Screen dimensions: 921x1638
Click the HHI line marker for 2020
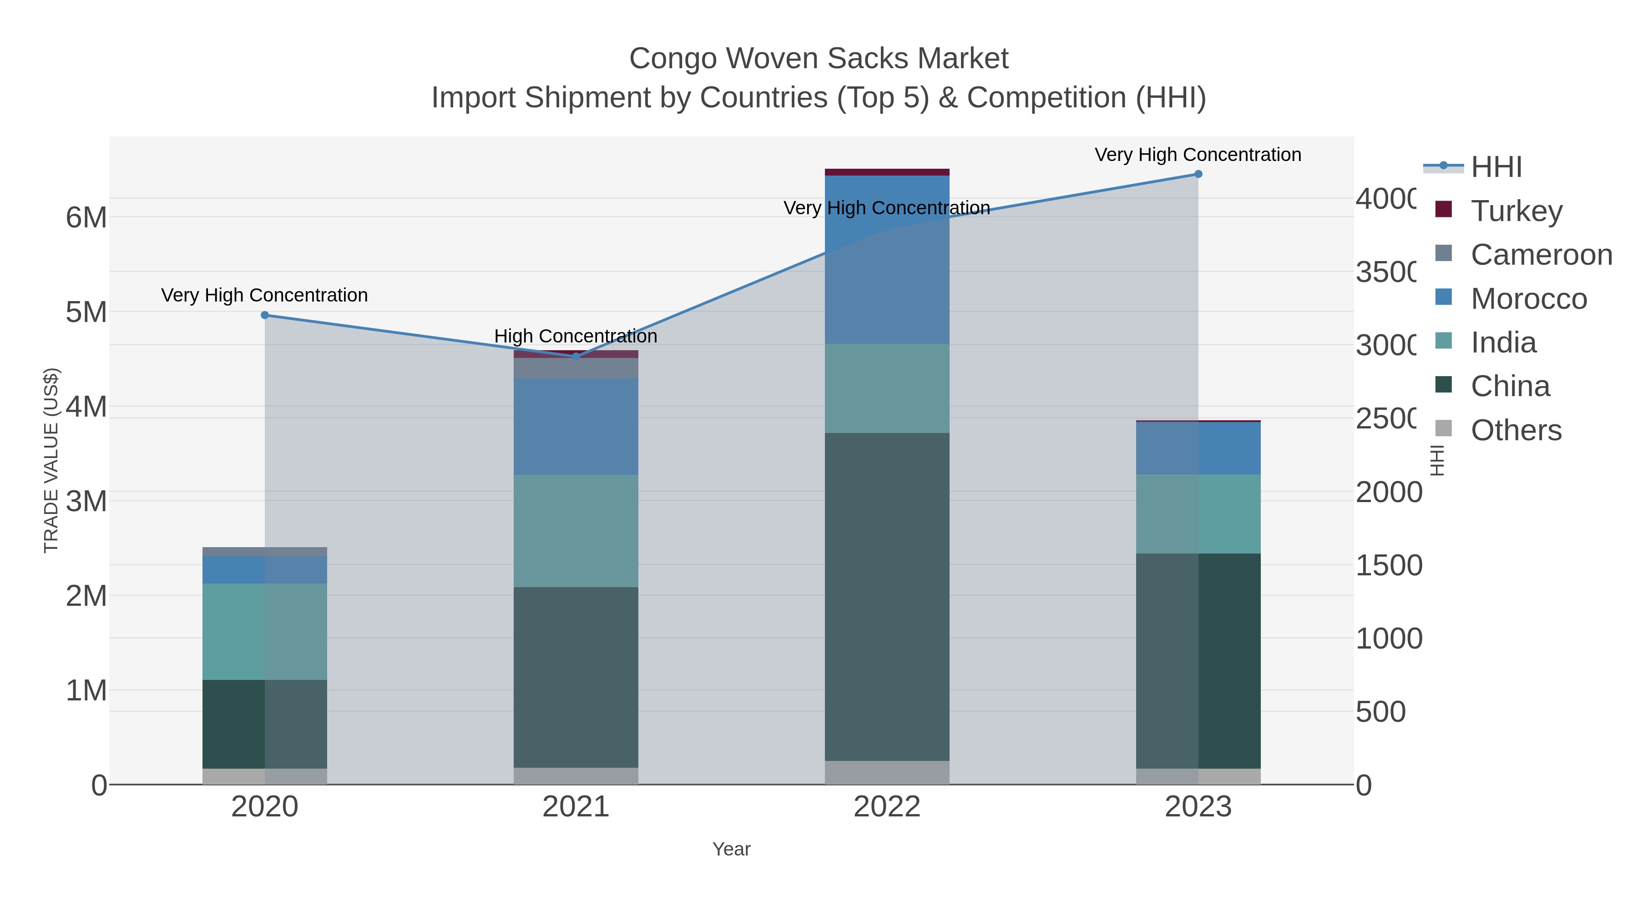(x=265, y=315)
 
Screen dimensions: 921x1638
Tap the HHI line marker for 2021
(x=576, y=357)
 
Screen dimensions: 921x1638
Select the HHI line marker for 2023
(x=1198, y=174)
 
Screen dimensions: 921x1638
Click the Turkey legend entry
(x=1516, y=211)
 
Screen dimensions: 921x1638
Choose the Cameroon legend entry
(x=1541, y=255)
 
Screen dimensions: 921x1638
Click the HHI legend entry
(x=1496, y=167)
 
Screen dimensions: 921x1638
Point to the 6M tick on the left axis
(x=86, y=218)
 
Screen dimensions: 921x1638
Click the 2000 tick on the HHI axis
(x=1388, y=493)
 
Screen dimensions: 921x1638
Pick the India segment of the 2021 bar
(x=576, y=531)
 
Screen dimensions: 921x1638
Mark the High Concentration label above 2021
(x=576, y=336)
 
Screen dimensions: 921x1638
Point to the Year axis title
(x=731, y=849)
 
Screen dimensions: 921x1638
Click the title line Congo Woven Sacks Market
(x=819, y=59)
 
